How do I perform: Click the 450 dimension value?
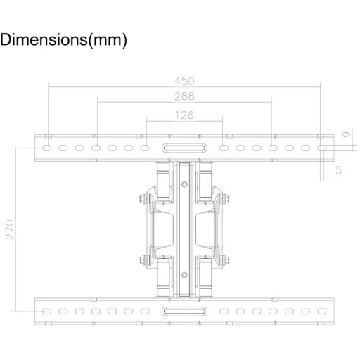(184, 81)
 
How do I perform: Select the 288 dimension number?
(184, 96)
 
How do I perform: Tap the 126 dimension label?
(184, 115)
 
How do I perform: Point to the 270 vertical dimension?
(10, 229)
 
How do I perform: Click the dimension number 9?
(347, 134)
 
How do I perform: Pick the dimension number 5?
(338, 170)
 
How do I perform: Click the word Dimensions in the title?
(44, 39)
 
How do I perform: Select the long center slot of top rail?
(184, 148)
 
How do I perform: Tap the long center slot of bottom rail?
(184, 311)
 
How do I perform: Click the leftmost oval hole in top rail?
(47, 148)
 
